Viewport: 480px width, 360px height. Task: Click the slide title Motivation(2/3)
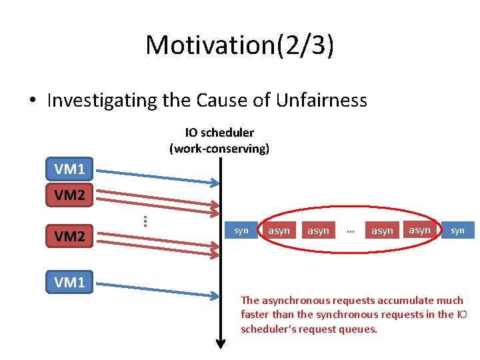[x=239, y=45]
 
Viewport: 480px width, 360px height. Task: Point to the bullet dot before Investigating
[x=33, y=101]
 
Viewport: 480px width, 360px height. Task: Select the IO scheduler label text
[x=219, y=133]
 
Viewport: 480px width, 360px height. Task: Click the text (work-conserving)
[x=219, y=148]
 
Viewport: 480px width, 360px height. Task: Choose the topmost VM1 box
[x=69, y=169]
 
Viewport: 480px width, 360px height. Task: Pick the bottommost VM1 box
[x=69, y=282]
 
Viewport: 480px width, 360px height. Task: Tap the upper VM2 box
[x=69, y=195]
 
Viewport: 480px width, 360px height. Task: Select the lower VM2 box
[x=69, y=236]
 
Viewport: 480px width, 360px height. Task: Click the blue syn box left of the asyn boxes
[x=241, y=231]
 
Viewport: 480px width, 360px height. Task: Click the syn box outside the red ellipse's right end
[x=457, y=231]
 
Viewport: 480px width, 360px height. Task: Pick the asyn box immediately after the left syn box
[x=279, y=231]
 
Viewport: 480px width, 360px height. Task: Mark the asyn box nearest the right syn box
[x=419, y=230]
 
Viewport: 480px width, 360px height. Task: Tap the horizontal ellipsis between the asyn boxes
[x=350, y=231]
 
